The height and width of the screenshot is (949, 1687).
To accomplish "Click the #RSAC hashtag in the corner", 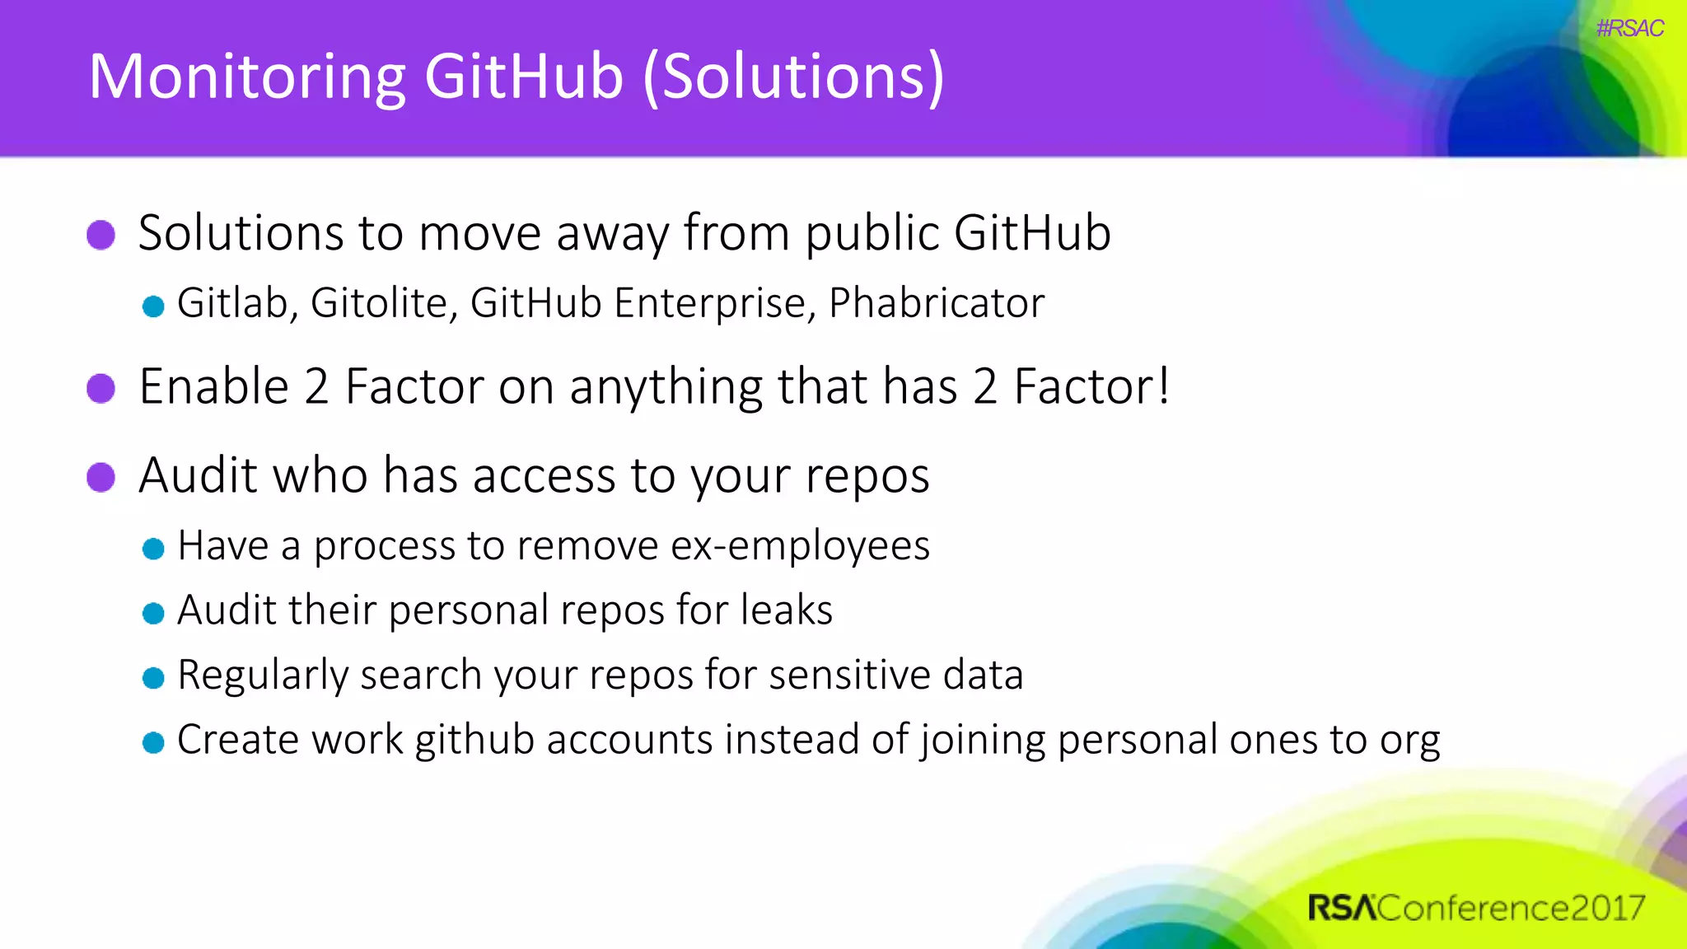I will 1629,28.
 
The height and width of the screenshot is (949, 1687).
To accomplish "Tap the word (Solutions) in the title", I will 793,77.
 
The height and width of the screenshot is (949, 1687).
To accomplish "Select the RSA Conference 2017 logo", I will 1476,908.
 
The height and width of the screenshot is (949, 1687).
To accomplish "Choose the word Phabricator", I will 937,303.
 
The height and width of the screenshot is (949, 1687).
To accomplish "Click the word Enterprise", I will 715,303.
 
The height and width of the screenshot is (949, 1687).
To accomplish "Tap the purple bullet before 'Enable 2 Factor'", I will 101,388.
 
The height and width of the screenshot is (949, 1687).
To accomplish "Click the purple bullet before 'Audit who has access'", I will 101,477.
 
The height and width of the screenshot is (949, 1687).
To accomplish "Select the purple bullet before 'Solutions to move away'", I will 101,235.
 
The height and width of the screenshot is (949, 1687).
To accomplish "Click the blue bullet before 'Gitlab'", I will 153,307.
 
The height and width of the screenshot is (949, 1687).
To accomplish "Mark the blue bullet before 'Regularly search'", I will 153,678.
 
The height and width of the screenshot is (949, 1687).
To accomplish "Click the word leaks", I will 787,610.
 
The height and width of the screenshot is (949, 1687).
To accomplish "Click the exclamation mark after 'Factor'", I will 1162,386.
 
